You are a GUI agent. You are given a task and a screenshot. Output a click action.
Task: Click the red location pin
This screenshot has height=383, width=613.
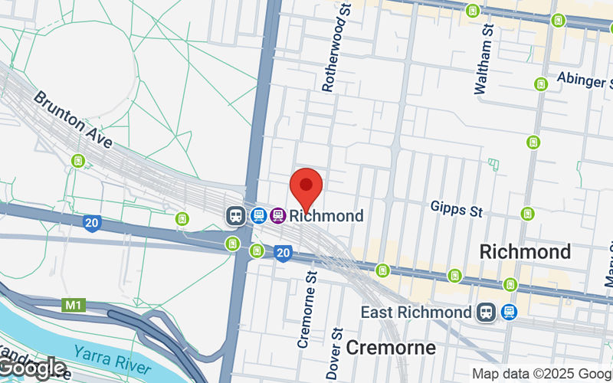point(306,188)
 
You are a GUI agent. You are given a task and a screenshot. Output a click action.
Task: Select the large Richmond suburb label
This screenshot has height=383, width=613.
point(525,251)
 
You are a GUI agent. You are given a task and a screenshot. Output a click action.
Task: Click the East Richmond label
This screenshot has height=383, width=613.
point(417,313)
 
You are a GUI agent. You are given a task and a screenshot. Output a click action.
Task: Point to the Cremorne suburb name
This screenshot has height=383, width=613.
point(391,348)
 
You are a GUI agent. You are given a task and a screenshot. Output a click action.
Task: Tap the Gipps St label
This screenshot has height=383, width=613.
point(456,208)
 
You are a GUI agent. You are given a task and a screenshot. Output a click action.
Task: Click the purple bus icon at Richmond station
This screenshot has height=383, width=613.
point(277,215)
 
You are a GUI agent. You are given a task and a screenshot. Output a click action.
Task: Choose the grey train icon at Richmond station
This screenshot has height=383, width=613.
point(234,215)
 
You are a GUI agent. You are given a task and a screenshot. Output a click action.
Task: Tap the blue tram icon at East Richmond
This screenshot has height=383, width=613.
point(508,313)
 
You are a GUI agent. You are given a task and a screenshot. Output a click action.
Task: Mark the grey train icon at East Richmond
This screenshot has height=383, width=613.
point(484,313)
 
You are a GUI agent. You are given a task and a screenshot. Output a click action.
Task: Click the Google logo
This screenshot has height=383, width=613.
point(33,368)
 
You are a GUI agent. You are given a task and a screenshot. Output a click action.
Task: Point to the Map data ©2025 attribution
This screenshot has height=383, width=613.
point(541,374)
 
